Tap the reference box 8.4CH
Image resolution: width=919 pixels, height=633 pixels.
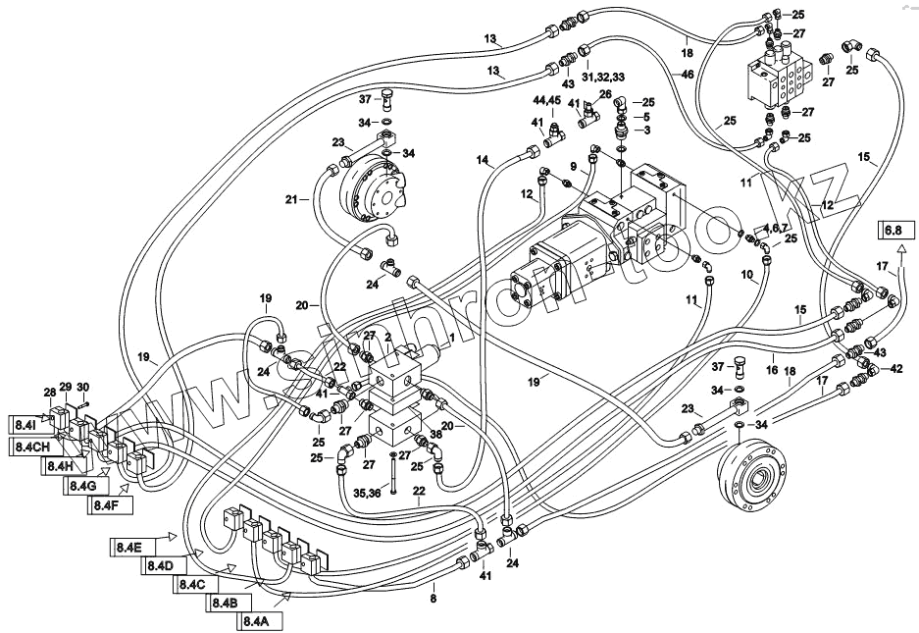(32, 446)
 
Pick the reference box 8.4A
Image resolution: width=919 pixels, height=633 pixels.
(255, 620)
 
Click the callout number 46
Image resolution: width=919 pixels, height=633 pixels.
(687, 75)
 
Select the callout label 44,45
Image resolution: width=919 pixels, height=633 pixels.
(546, 100)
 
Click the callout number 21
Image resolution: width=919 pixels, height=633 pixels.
(291, 199)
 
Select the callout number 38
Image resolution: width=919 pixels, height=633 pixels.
(434, 434)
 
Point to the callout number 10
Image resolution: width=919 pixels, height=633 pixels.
(747, 276)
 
